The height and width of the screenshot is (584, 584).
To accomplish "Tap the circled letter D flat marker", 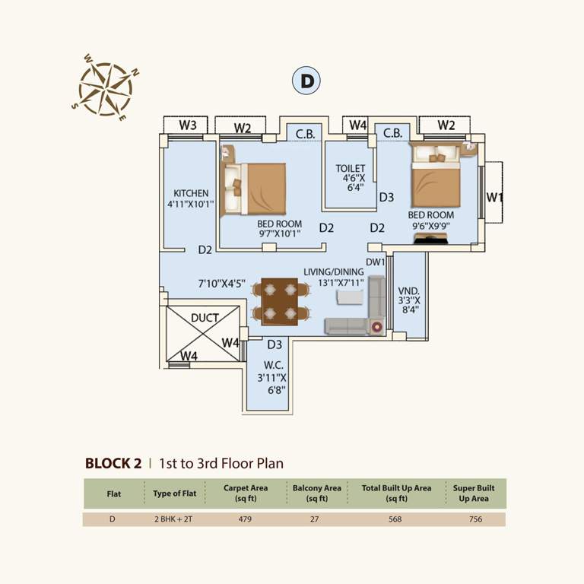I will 306,81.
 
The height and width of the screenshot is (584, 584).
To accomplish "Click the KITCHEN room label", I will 190,193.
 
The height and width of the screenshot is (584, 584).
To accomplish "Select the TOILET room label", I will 351,168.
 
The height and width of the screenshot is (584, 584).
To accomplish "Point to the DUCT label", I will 205,318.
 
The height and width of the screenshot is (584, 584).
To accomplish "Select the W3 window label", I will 188,125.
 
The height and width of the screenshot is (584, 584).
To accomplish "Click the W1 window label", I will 495,198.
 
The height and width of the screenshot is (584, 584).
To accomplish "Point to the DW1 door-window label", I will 375,262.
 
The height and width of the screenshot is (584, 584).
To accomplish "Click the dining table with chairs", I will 280,301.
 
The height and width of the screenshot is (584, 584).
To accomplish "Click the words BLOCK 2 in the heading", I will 113,462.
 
